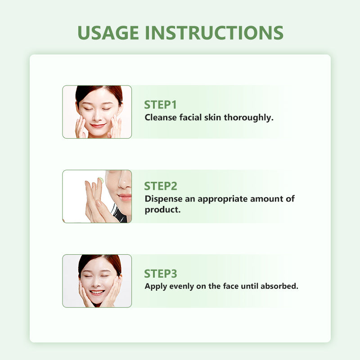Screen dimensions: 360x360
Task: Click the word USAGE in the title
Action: click(x=108, y=32)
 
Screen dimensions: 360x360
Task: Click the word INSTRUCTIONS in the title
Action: click(x=215, y=32)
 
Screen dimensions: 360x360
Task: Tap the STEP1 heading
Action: click(x=160, y=105)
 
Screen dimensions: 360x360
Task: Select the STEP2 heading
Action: click(x=161, y=186)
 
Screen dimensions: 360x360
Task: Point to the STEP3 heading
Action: click(x=161, y=274)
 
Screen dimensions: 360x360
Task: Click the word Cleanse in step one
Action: click(x=161, y=117)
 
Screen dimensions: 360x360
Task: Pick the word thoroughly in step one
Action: click(x=249, y=118)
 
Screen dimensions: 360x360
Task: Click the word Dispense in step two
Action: click(x=163, y=199)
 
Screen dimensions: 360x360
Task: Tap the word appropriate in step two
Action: click(x=222, y=199)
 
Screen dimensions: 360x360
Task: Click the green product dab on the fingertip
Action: click(x=101, y=180)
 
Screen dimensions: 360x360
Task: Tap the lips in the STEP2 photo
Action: click(x=125, y=197)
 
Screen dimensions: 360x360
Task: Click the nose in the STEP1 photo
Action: click(x=97, y=117)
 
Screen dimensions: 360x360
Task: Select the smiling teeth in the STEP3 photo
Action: click(x=97, y=292)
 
